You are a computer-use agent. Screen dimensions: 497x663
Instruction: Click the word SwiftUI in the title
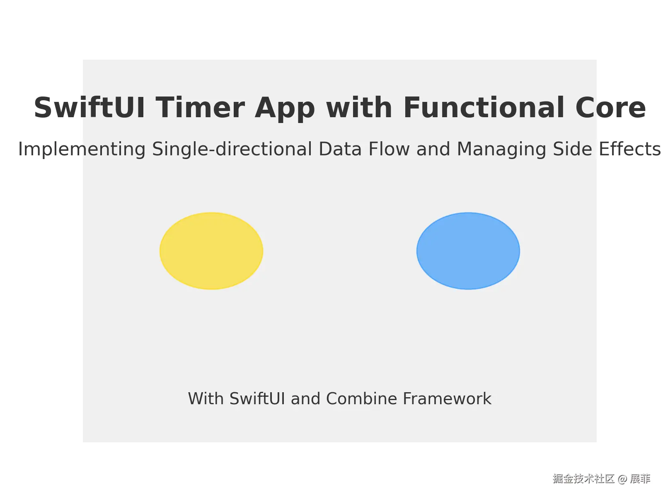click(x=89, y=108)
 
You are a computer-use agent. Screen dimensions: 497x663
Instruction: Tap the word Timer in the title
click(x=200, y=108)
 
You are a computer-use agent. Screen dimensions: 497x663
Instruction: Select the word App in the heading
click(x=285, y=109)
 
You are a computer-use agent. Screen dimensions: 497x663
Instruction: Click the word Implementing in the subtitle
click(x=82, y=150)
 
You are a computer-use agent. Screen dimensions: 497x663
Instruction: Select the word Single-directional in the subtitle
click(x=232, y=150)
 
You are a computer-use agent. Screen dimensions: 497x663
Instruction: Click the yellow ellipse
click(x=211, y=251)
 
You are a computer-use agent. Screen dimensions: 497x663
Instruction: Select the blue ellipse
click(x=468, y=251)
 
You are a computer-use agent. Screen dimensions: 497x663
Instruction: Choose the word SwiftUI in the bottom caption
click(x=257, y=399)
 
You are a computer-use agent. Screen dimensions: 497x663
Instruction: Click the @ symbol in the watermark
click(x=622, y=479)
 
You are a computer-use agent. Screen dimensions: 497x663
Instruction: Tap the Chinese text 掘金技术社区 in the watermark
click(x=583, y=479)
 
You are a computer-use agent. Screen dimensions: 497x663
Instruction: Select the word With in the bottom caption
click(x=206, y=399)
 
